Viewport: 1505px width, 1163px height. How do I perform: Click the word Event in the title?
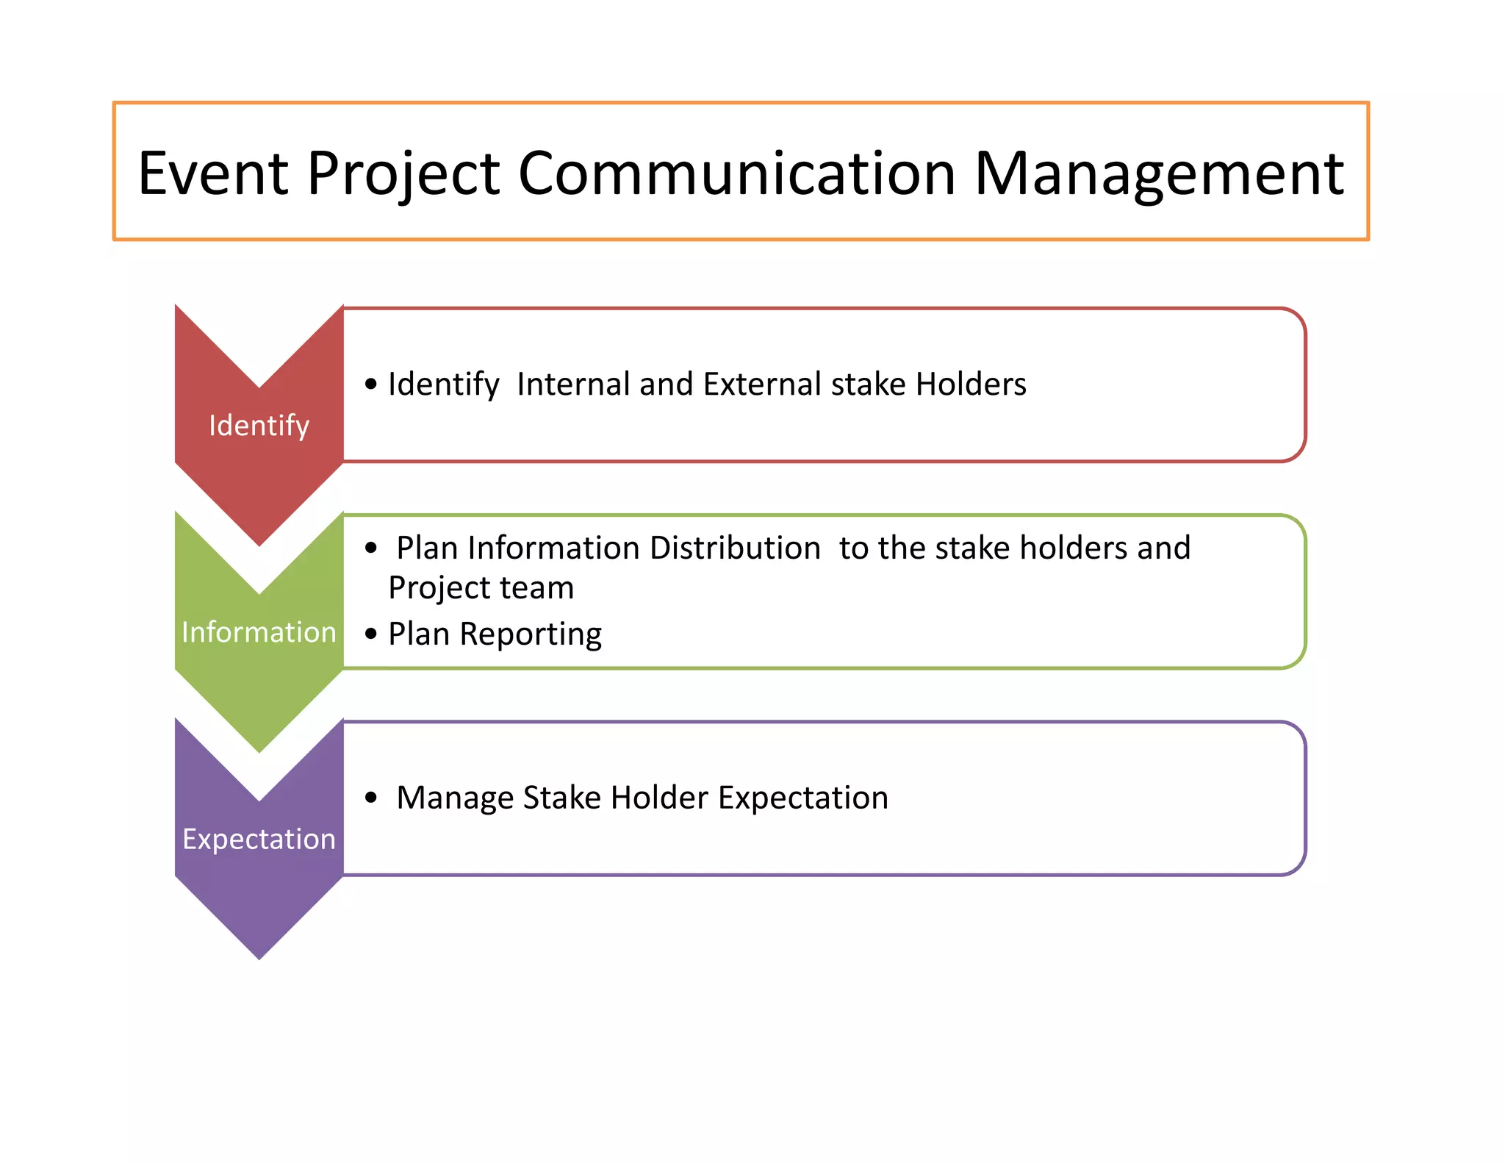(213, 173)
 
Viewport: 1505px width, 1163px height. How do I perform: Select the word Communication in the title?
(737, 173)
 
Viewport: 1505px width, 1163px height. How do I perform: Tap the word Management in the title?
(1159, 173)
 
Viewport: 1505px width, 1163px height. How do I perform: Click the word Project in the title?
(403, 173)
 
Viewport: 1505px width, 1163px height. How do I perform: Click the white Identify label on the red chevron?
(259, 426)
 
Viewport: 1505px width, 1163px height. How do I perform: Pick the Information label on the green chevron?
(259, 632)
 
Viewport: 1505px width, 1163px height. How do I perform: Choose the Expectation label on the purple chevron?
(259, 839)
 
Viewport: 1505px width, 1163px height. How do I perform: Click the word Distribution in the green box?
(734, 548)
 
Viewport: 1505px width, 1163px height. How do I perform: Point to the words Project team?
(481, 588)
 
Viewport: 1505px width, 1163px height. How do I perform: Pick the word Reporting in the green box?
(530, 634)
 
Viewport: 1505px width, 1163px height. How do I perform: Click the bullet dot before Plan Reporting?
(371, 633)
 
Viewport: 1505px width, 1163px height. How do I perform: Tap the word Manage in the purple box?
(455, 798)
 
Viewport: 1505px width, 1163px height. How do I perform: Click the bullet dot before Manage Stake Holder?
(371, 797)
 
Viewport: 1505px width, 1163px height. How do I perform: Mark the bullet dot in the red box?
(371, 384)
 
